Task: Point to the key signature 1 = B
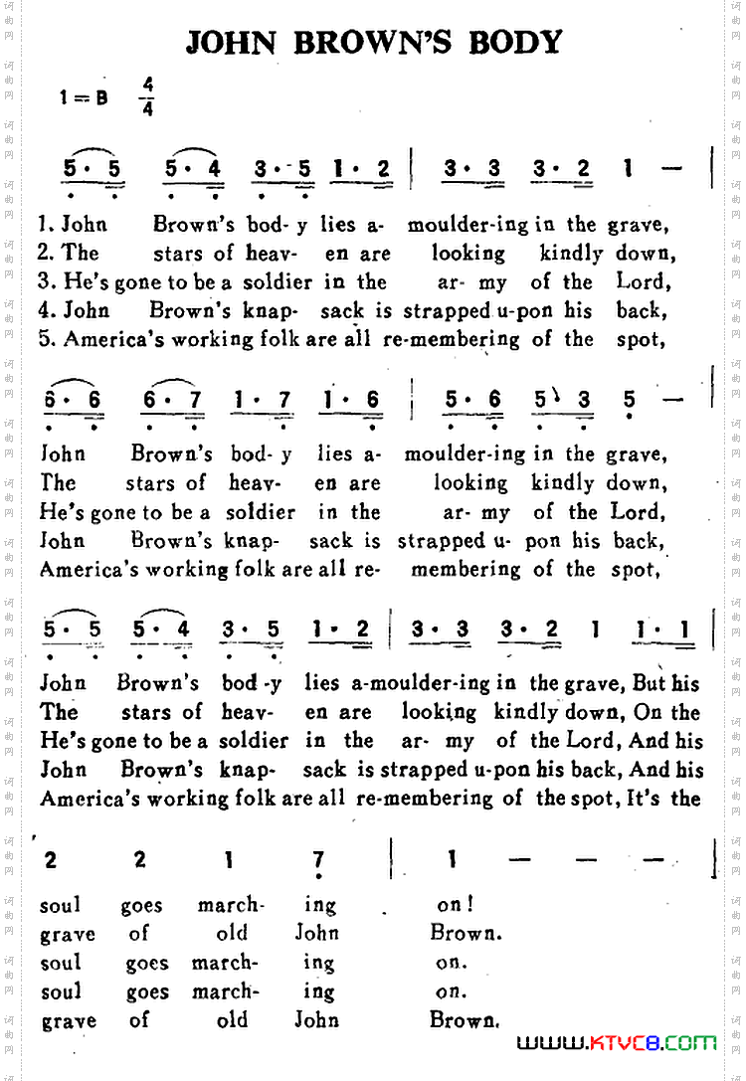[x=84, y=97]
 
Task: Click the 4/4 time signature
[x=147, y=96]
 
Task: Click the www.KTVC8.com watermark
[x=617, y=1043]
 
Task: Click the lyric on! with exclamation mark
[x=455, y=905]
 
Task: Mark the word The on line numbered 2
[x=81, y=253]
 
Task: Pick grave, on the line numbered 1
[x=637, y=224]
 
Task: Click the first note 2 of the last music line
[x=51, y=860]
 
